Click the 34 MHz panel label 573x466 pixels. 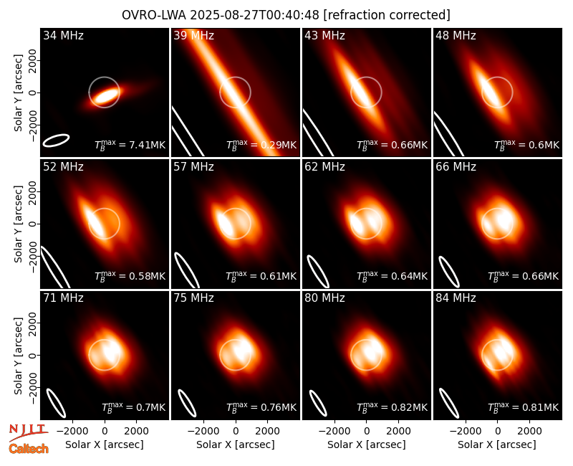tap(63, 35)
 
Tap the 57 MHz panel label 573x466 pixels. tap(193, 167)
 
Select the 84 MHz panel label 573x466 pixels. tap(456, 298)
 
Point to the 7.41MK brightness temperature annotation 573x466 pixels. tap(130, 145)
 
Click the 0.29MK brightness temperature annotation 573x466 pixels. tap(261, 145)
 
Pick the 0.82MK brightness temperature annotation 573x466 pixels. tap(392, 406)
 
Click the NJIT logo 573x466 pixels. tap(28, 432)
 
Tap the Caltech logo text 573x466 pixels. tap(29, 449)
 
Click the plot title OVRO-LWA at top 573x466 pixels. tap(154, 15)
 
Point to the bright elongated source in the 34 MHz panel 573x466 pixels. tap(105, 96)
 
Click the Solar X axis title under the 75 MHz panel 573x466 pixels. tap(236, 444)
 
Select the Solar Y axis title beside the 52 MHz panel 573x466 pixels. tap(18, 224)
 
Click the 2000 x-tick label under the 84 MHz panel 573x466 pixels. tap(529, 431)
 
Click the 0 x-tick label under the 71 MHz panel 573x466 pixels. tap(105, 431)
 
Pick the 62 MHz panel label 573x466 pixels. tap(325, 167)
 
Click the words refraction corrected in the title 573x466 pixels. tap(387, 15)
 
